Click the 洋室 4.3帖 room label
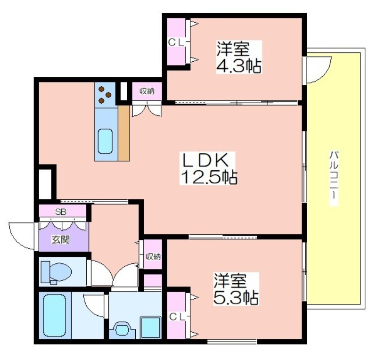(x=239, y=57)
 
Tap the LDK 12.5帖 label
(x=208, y=168)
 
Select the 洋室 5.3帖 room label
(x=236, y=289)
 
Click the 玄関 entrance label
(x=61, y=239)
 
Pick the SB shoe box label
(x=61, y=212)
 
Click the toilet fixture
(x=56, y=273)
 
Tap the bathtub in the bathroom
(x=55, y=316)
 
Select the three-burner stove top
(x=105, y=95)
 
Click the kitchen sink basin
(x=105, y=141)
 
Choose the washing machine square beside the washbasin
(x=150, y=327)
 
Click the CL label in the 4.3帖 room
(x=176, y=43)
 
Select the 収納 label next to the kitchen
(x=147, y=91)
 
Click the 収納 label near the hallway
(x=153, y=257)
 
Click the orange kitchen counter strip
(x=124, y=133)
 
